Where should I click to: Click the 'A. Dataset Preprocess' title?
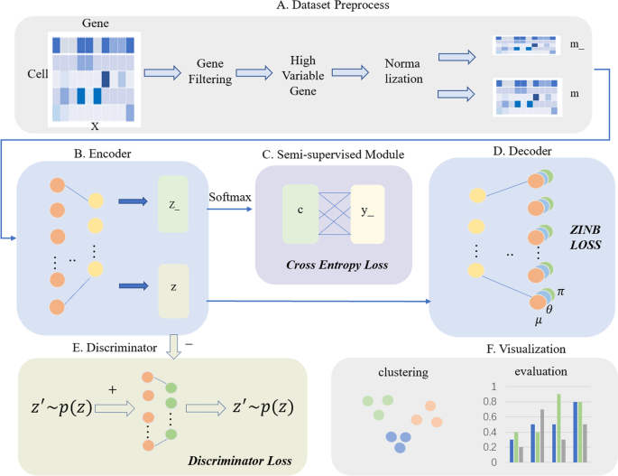tap(333, 5)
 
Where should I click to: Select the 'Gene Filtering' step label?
tap(210, 71)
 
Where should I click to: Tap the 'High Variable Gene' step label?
tap(303, 75)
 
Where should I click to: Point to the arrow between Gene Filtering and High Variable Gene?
tap(254, 72)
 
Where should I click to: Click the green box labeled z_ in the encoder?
tap(173, 203)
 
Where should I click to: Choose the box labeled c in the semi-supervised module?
tap(300, 214)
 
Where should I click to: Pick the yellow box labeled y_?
tap(367, 214)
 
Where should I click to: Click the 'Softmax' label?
tap(230, 197)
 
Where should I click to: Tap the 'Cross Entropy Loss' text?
tap(337, 265)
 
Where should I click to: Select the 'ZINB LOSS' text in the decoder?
tap(586, 238)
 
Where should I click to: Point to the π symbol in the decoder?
tap(560, 292)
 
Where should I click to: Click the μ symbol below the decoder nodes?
tap(539, 321)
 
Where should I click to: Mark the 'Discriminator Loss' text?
tap(240, 461)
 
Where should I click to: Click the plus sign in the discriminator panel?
tap(113, 390)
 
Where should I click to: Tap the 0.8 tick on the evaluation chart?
tap(490, 402)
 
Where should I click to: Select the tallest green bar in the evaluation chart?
tap(558, 428)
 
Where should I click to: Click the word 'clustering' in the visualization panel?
tap(403, 373)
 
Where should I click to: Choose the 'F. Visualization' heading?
tap(526, 349)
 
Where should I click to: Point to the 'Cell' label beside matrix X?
tap(38, 74)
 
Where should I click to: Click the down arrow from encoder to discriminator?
tap(173, 347)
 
